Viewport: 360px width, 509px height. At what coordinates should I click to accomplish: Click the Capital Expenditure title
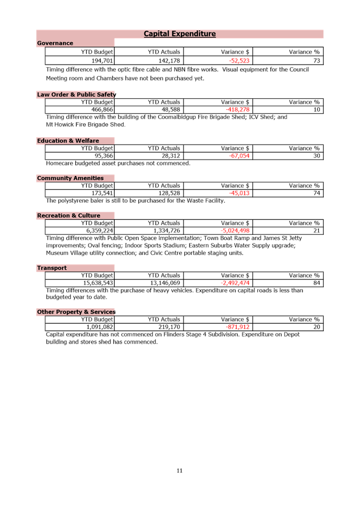click(x=180, y=34)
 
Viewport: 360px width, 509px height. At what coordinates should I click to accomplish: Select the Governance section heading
click(x=55, y=43)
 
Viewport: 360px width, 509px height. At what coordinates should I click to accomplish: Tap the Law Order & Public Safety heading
click(x=76, y=94)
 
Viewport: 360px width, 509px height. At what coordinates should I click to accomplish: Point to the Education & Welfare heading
click(x=68, y=141)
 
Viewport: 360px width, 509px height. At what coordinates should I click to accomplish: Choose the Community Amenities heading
click(x=70, y=178)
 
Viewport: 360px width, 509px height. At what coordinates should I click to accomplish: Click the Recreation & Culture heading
click(x=68, y=216)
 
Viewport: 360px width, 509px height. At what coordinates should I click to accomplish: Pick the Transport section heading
click(x=52, y=268)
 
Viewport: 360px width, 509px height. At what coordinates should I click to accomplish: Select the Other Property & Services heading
click(x=76, y=312)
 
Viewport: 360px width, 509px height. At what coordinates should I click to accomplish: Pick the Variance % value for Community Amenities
click(x=317, y=193)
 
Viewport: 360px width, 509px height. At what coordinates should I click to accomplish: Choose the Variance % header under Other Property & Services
click(x=305, y=319)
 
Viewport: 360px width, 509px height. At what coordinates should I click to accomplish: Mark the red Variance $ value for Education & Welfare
click(x=239, y=156)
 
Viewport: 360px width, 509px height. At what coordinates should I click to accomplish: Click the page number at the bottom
click(x=179, y=471)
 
